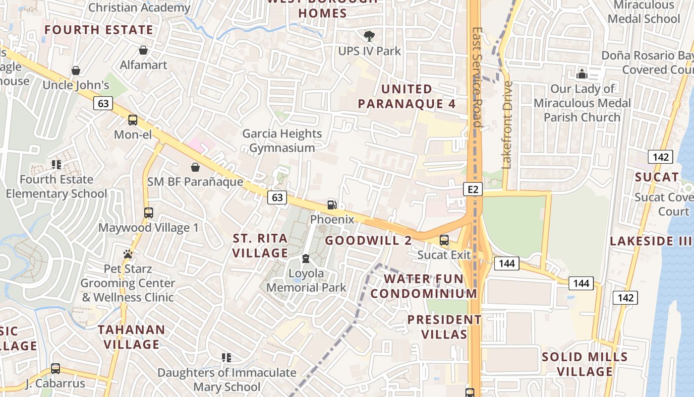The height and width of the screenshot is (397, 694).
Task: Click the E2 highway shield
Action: [473, 189]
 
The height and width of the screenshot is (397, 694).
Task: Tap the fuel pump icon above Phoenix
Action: [332, 204]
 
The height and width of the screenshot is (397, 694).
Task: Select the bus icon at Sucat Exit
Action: [444, 240]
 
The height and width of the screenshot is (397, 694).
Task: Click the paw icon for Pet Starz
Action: [128, 254]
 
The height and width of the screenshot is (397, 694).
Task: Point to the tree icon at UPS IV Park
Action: [369, 36]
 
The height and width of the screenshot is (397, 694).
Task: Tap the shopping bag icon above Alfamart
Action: [143, 50]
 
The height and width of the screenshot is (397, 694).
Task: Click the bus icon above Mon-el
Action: [133, 120]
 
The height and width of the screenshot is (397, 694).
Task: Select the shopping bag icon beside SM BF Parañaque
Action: [195, 167]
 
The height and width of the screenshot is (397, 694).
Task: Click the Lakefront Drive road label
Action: [506, 125]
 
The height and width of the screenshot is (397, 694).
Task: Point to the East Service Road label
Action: [477, 77]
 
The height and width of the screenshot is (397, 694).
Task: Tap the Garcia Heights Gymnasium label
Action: [282, 140]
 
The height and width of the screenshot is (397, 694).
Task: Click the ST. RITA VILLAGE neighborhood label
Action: [260, 246]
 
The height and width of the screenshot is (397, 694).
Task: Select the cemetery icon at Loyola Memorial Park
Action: [306, 259]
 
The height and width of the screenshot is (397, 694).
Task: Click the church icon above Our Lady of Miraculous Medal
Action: [581, 74]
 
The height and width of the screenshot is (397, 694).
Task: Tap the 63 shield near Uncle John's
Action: [103, 103]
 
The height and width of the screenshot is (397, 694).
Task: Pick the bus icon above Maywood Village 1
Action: [148, 213]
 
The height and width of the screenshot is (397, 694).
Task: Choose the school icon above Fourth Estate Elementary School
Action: [56, 164]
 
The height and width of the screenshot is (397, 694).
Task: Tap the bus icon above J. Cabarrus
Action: [56, 369]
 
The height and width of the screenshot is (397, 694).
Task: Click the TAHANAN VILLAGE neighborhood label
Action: [131, 336]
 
